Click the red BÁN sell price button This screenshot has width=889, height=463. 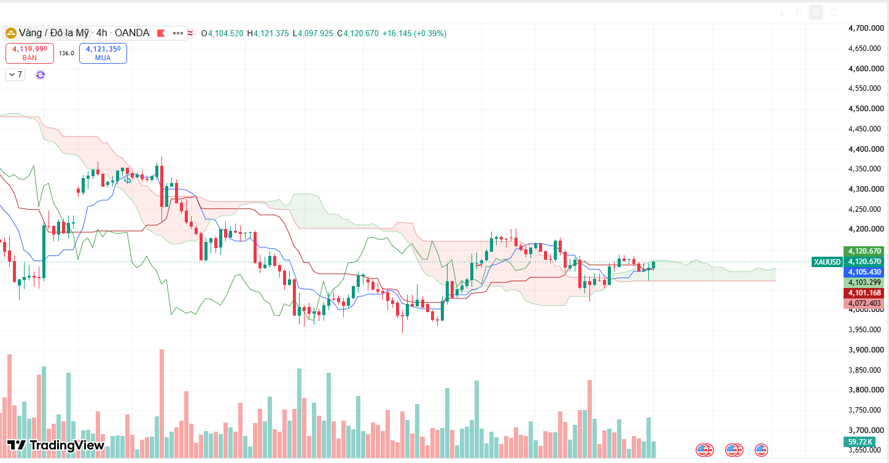pos(29,53)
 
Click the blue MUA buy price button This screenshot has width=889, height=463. pos(103,53)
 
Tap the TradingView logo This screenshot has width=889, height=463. pos(56,446)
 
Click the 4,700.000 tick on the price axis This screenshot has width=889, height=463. pos(866,28)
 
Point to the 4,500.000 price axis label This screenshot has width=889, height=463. pos(866,109)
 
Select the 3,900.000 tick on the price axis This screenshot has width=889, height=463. pos(866,350)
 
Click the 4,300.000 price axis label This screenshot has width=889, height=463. pos(866,189)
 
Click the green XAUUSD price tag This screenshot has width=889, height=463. pos(827,262)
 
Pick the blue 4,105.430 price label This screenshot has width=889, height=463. pos(864,272)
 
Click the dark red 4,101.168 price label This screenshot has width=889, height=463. pos(864,293)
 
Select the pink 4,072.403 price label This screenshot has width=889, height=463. pos(864,303)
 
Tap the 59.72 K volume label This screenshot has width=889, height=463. pos(860,442)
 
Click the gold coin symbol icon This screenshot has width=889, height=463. pos(10,33)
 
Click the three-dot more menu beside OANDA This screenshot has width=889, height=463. pos(178,33)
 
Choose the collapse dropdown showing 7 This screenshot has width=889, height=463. pos(15,75)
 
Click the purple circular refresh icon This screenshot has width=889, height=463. pos(41,75)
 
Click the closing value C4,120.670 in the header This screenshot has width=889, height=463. pos(357,33)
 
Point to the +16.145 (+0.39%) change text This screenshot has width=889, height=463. pos(414,33)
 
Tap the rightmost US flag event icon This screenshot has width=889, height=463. pos(761,450)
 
